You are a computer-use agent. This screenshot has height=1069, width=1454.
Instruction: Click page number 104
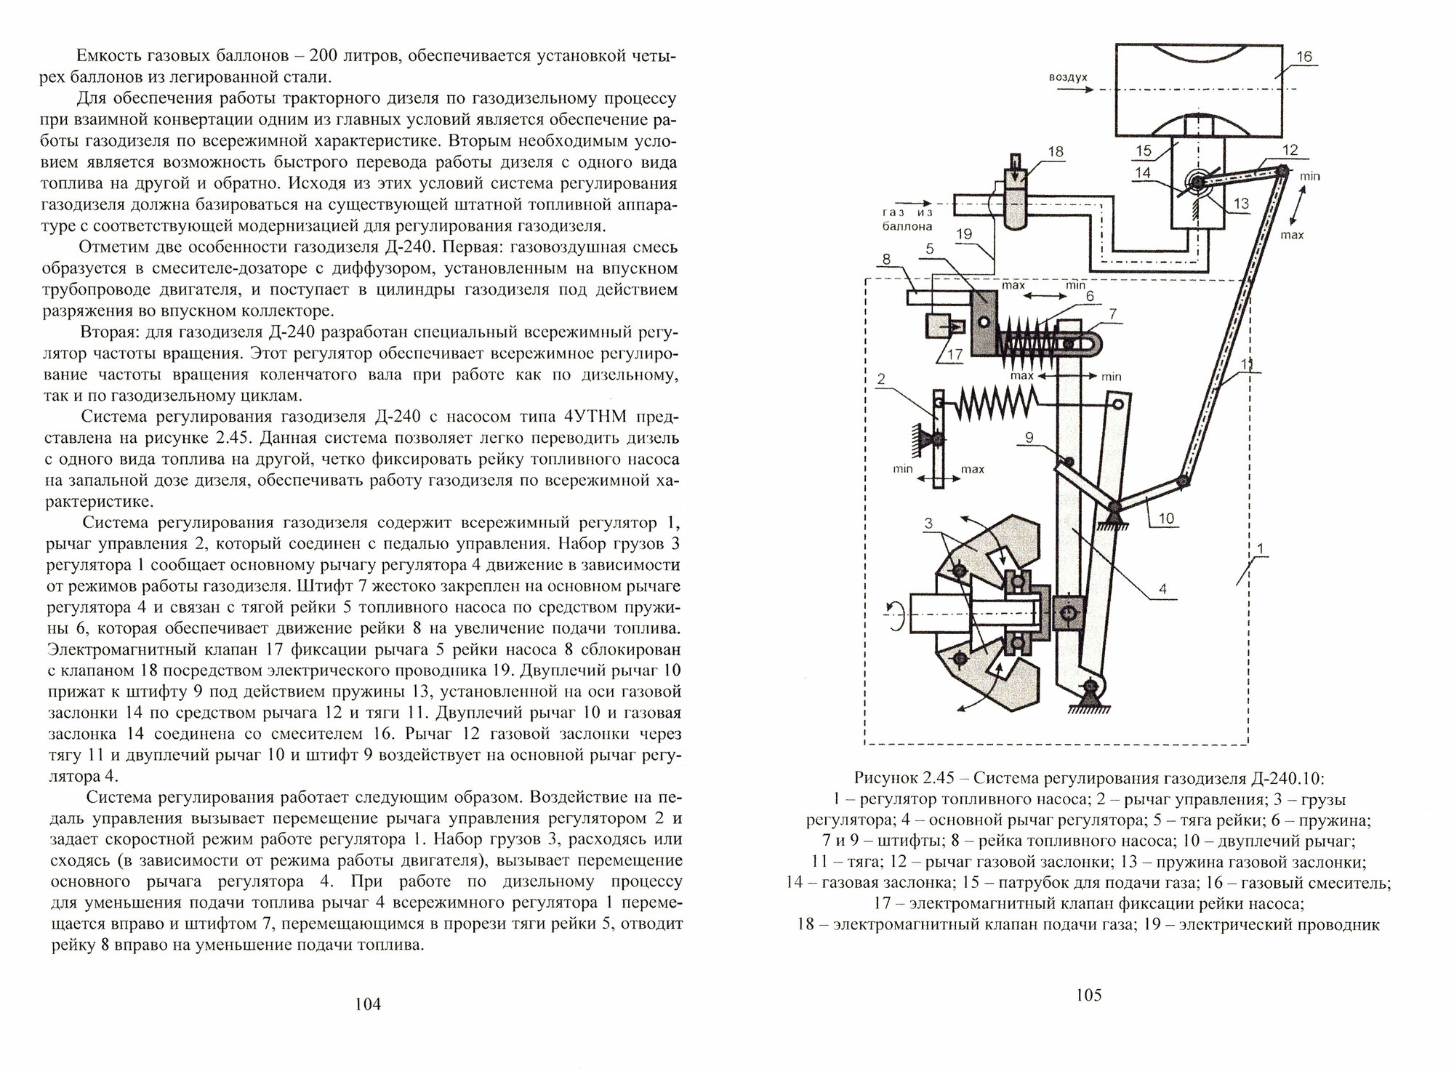[367, 1004]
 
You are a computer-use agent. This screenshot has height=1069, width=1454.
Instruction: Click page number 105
[1088, 994]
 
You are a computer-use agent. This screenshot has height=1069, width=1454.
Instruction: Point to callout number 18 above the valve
[1056, 152]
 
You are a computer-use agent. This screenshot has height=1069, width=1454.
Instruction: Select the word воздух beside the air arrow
[1068, 77]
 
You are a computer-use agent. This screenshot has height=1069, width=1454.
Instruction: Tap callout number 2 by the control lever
[880, 379]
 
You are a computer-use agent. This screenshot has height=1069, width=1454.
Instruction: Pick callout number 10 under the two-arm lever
[1166, 519]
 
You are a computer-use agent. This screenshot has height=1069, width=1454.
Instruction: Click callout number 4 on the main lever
[1162, 590]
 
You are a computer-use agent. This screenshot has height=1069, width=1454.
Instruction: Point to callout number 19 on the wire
[964, 234]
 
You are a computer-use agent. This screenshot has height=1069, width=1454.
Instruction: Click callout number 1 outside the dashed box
[1260, 548]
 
